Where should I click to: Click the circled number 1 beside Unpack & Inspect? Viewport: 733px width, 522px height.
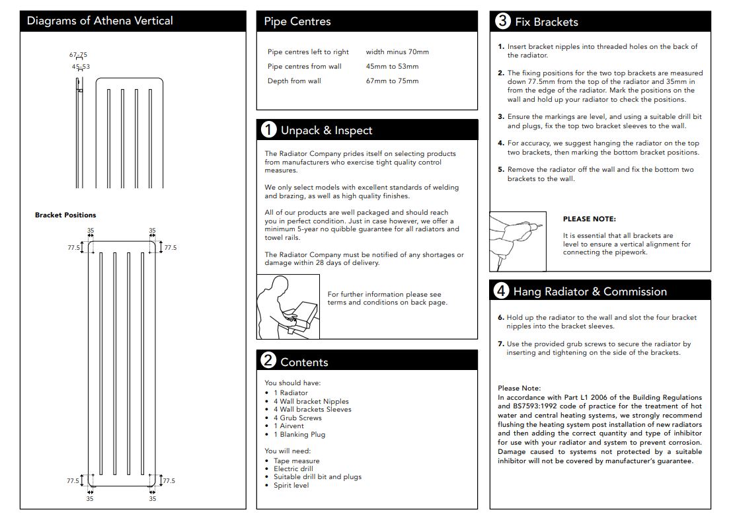click(x=269, y=130)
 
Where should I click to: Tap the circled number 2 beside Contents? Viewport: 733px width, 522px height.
click(x=268, y=361)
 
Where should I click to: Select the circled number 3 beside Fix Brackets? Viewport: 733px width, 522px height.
click(x=502, y=21)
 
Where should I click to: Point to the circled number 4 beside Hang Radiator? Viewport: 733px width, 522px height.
click(x=502, y=291)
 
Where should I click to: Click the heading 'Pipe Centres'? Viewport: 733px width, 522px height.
click(x=297, y=21)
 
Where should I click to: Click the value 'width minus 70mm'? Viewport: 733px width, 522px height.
click(x=397, y=52)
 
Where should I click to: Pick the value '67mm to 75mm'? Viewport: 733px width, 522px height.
click(x=392, y=81)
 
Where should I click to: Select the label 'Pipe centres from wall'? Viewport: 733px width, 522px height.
click(x=305, y=66)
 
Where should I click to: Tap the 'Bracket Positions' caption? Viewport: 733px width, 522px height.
click(x=65, y=215)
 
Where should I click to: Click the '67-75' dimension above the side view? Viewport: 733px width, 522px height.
click(x=78, y=55)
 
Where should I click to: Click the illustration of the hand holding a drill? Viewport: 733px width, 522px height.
click(x=518, y=242)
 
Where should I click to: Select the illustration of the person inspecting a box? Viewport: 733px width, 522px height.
click(x=288, y=307)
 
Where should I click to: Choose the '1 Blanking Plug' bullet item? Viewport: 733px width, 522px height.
click(x=299, y=434)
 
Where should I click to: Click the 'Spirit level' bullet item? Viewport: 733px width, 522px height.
click(x=291, y=485)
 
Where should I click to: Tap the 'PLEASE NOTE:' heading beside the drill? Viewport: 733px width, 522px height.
click(x=589, y=219)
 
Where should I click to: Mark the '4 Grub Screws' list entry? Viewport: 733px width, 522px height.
click(x=297, y=418)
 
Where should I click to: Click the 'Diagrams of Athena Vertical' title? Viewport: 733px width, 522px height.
click(x=99, y=20)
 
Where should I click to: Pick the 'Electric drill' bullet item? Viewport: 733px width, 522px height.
click(x=293, y=468)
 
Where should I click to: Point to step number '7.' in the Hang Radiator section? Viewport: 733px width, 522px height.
click(x=501, y=344)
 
